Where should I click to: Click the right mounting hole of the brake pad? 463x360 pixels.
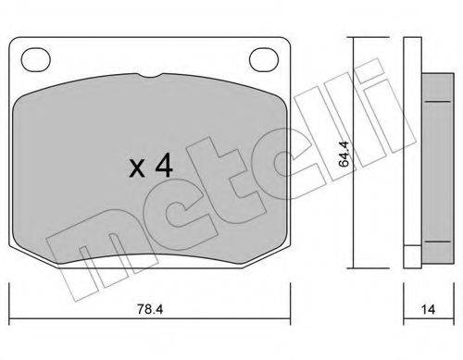[x=265, y=60]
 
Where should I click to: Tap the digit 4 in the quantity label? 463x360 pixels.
[x=163, y=167]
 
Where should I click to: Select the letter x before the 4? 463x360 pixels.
[x=136, y=169]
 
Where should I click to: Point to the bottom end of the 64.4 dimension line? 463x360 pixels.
[x=354, y=269]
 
